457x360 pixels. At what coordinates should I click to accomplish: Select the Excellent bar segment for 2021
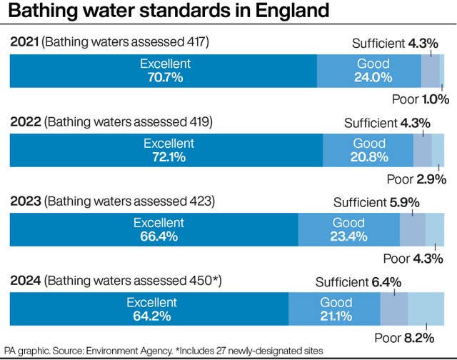pyautogui.click(x=163, y=71)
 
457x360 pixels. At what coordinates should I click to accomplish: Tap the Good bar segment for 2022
pyautogui.click(x=368, y=149)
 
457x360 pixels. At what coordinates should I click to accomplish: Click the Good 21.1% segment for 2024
pyautogui.click(x=334, y=309)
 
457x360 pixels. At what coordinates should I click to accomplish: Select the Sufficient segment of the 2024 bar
pyautogui.click(x=394, y=309)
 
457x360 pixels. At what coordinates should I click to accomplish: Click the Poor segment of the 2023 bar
pyautogui.click(x=435, y=229)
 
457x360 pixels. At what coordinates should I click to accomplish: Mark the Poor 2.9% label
pyautogui.click(x=416, y=179)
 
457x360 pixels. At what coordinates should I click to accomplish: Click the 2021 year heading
pyautogui.click(x=24, y=43)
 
